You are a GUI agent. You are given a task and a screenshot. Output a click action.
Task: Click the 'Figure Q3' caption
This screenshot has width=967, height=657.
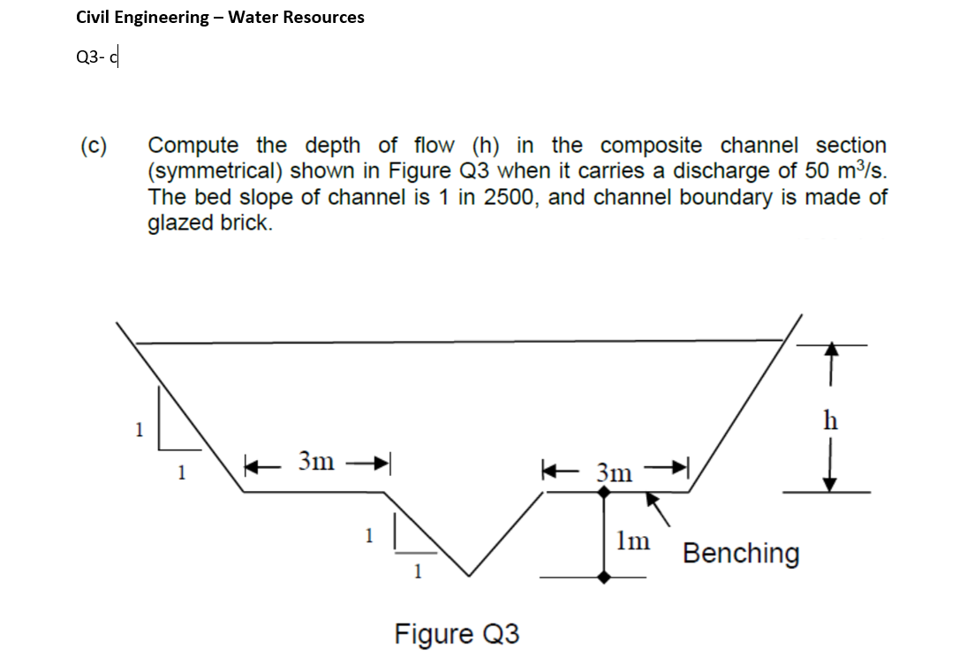pos(457,634)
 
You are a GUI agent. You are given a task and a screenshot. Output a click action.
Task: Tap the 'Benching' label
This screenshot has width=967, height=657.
pos(741,554)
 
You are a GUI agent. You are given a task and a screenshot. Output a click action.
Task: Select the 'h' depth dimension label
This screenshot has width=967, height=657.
pos(829,419)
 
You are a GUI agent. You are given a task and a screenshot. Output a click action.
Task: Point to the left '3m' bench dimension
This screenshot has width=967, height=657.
pos(316,461)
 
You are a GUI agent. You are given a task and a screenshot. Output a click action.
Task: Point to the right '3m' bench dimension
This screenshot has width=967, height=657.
pos(615,472)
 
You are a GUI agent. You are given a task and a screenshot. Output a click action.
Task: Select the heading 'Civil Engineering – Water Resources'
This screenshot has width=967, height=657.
pos(220,17)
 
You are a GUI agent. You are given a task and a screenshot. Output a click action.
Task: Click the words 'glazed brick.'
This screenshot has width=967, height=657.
pos(209,223)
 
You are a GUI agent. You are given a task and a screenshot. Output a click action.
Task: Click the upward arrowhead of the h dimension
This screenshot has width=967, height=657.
pos(829,351)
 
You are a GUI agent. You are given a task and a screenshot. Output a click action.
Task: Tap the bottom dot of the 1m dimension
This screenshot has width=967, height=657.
pos(604,577)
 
